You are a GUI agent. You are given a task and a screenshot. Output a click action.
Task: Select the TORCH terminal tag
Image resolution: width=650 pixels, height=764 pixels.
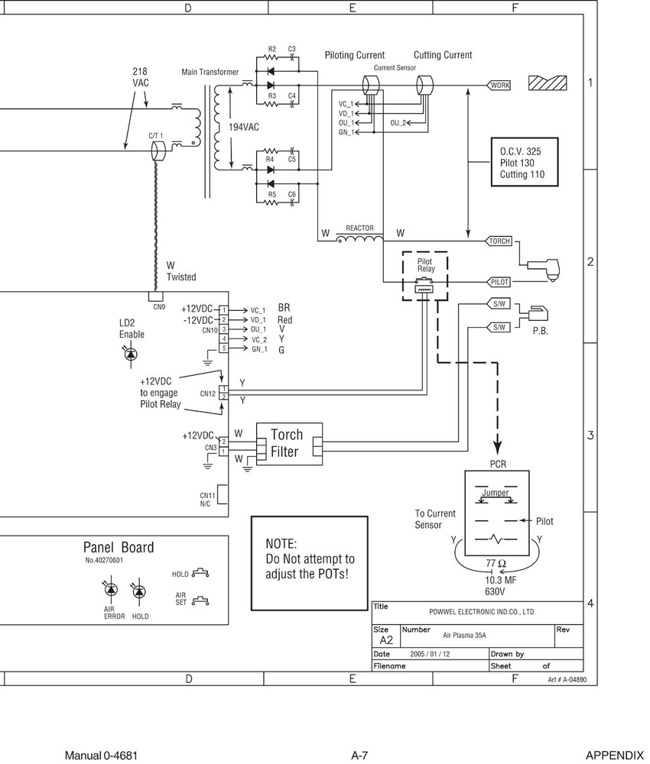coord(499,241)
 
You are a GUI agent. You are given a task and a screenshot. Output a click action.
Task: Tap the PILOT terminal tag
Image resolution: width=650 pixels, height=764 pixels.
coord(499,282)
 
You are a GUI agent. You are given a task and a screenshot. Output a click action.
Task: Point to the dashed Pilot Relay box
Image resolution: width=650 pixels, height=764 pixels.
coord(424,275)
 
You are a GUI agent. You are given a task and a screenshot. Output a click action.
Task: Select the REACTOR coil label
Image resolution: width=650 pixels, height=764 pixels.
coord(359,228)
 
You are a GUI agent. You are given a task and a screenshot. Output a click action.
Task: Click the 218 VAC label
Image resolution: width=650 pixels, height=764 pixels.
coord(141,76)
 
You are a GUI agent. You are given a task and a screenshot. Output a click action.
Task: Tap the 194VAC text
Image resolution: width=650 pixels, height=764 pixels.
coord(244,127)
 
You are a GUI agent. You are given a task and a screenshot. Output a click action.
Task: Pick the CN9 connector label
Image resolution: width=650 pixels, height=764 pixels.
coord(159,307)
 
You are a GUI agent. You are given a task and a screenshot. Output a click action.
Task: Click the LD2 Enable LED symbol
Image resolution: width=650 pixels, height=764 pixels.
coord(130,354)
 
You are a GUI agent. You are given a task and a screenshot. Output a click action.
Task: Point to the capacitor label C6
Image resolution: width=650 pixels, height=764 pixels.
coord(292,195)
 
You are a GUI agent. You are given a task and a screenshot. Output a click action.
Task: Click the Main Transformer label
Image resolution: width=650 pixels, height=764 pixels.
coord(210,73)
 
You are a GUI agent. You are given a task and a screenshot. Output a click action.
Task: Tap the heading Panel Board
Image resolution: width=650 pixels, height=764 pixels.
coord(118,547)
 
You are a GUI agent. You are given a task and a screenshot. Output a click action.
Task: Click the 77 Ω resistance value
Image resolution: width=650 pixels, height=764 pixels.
coord(496,564)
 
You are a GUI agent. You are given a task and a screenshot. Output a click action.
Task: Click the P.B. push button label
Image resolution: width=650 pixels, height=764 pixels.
coord(541,332)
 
